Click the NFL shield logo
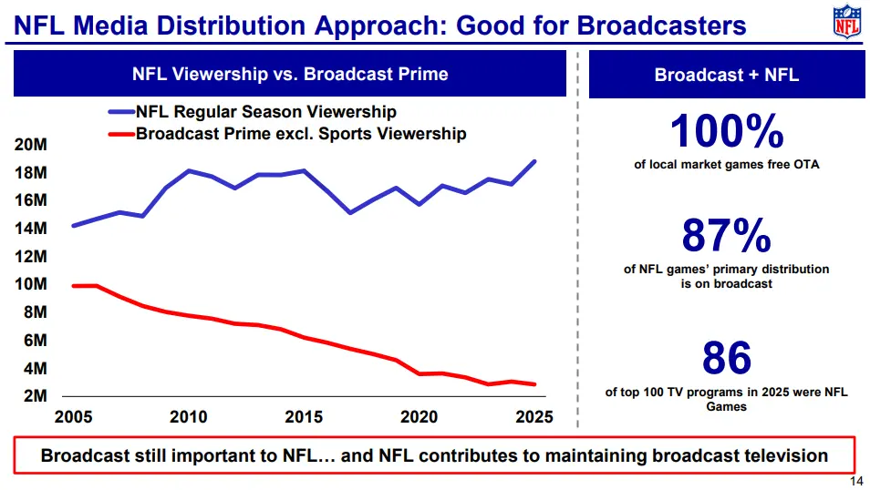845,21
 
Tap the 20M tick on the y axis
31,146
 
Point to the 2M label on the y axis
35,396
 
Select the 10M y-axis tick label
31,284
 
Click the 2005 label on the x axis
73,417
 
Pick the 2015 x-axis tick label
304,417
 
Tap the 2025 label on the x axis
533,417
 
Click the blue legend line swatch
121,113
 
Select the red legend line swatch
121,135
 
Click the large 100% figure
726,133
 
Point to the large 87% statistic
726,237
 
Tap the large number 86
726,359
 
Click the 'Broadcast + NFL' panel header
726,75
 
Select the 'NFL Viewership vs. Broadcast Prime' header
290,74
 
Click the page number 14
855,482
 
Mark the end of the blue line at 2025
534,161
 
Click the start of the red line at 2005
73,286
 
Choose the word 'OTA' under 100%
806,165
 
